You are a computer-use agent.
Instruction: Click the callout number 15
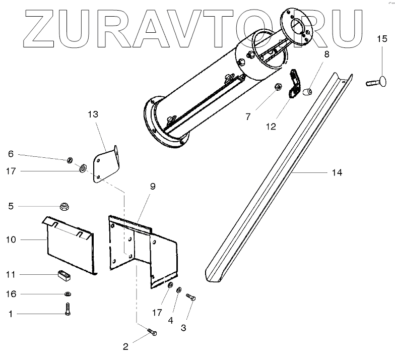pos(382,38)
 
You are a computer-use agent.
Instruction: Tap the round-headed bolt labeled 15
pos(377,81)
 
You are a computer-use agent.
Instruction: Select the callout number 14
pos(337,173)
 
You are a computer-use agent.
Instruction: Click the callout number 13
pos(92,115)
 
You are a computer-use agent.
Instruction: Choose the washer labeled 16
pos(66,294)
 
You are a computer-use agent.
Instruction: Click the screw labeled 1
pos(68,309)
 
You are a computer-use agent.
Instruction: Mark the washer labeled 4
pos(178,290)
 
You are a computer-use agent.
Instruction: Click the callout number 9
pos(153,186)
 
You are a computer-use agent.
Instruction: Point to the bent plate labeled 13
pos(105,164)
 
